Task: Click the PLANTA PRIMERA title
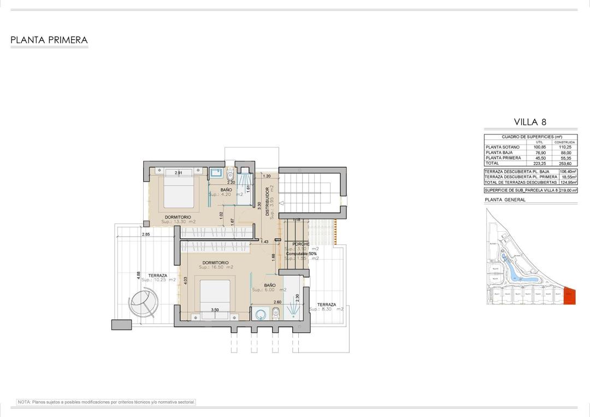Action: [x=49, y=40]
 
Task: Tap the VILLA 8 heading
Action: [x=530, y=122]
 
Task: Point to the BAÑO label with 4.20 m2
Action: [x=226, y=190]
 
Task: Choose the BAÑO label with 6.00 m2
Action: [x=270, y=285]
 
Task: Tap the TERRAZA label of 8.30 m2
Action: [x=326, y=305]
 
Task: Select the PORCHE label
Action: [x=300, y=244]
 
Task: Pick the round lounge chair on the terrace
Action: [x=143, y=302]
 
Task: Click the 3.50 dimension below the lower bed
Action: [x=215, y=310]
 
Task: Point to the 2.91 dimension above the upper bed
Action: [x=178, y=173]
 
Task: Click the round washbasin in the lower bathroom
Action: [x=259, y=314]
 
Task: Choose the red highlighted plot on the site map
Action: [x=569, y=296]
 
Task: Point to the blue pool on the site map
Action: [x=514, y=268]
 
